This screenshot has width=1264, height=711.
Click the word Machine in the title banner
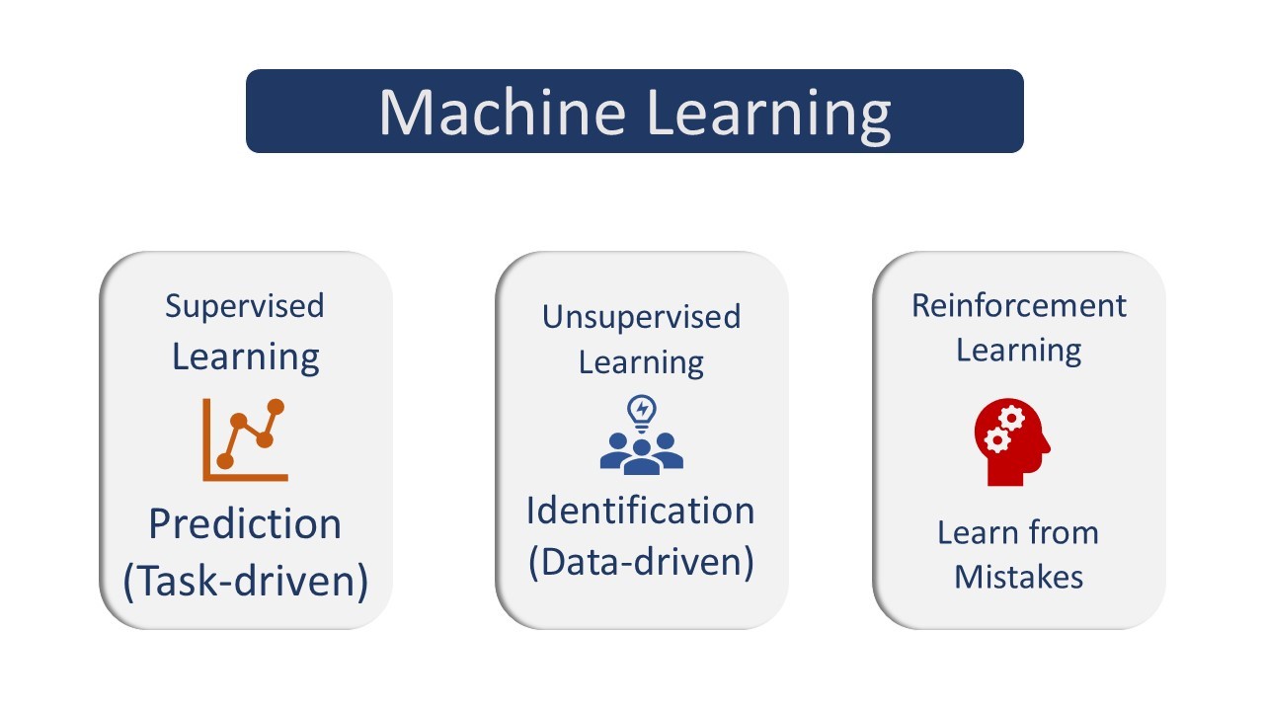503,112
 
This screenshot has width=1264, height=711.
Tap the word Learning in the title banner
769,116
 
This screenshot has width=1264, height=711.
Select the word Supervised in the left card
245,307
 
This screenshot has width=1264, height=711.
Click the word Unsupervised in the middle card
641,317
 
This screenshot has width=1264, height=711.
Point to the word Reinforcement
1019,306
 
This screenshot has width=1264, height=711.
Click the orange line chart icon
246,440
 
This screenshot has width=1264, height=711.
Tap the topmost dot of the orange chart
276,407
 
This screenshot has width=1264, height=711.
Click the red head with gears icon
1012,442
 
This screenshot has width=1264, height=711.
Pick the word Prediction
245,524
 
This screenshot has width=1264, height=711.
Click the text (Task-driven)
246,582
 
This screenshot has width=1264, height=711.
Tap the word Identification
641,511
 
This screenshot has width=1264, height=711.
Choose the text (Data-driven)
641,562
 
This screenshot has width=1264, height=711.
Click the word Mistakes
1018,578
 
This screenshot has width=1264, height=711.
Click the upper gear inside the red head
1011,418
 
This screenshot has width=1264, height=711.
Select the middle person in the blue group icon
642,458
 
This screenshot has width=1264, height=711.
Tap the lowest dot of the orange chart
225,461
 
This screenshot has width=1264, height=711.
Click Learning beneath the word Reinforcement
1018,351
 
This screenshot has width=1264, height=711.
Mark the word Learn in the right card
977,532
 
